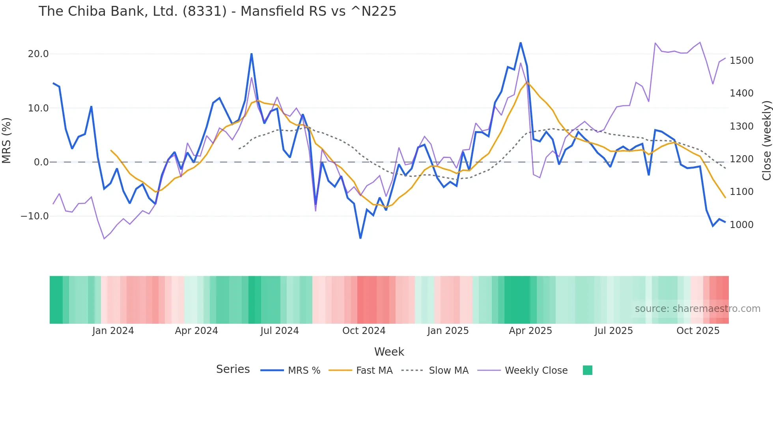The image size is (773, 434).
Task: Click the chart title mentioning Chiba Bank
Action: click(x=217, y=11)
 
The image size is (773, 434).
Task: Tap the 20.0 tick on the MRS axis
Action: click(x=38, y=54)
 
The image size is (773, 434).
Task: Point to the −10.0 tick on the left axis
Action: click(x=35, y=216)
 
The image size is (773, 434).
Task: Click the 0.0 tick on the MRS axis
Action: click(x=41, y=162)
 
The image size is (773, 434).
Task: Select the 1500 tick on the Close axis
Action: click(x=741, y=61)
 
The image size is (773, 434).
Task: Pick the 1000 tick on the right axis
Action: click(x=741, y=225)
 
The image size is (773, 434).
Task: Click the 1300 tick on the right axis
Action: click(x=741, y=126)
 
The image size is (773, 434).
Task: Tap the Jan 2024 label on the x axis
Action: click(x=113, y=331)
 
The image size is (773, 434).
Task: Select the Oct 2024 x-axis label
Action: click(x=364, y=331)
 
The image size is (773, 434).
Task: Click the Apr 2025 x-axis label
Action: click(x=530, y=331)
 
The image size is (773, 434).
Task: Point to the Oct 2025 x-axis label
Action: click(x=698, y=331)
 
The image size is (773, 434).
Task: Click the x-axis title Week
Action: click(x=389, y=352)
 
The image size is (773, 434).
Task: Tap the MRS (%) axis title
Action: click(x=7, y=141)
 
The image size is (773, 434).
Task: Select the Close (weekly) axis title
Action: click(x=766, y=141)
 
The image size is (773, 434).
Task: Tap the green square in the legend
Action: click(x=588, y=370)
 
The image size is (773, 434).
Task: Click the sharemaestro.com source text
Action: click(x=697, y=309)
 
